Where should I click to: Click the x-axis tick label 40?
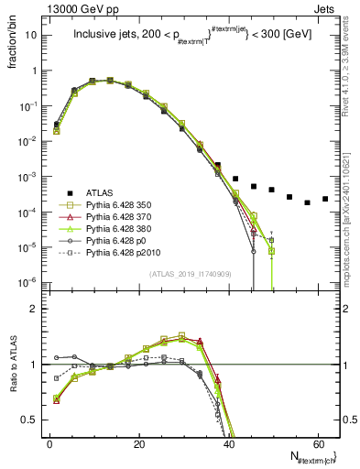(229, 442)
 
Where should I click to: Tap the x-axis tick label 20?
(139, 442)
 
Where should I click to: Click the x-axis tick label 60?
(319, 442)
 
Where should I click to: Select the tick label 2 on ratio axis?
(37, 310)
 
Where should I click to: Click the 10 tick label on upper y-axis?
(32, 35)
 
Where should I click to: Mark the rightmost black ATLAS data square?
(325, 199)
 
